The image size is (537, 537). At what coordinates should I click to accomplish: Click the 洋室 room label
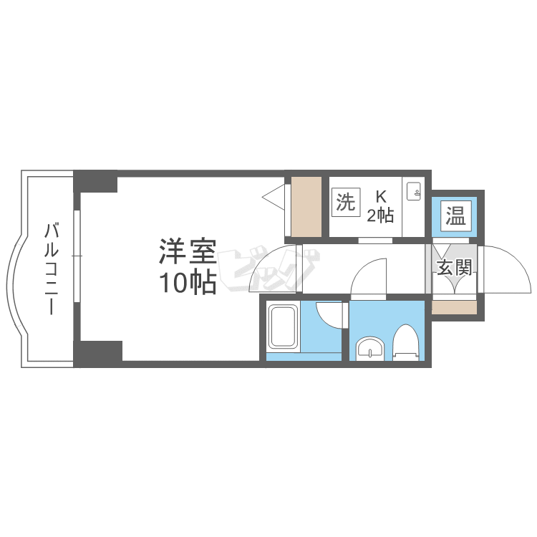tap(188, 253)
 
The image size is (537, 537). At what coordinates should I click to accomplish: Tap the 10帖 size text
tap(188, 283)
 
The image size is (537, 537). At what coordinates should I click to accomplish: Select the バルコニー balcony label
tap(52, 268)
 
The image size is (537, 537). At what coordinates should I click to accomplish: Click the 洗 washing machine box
tap(346, 202)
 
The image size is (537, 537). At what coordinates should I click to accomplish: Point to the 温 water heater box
tap(456, 216)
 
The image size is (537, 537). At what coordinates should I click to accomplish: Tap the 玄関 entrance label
tap(455, 267)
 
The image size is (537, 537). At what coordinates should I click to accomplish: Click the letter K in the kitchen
tap(381, 197)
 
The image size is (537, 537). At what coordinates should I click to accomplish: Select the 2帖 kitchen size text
tap(380, 216)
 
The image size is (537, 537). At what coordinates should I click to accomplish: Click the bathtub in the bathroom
tap(283, 326)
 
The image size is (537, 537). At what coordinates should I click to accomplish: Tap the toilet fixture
tap(406, 342)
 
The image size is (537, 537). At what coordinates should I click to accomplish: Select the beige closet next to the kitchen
tap(306, 206)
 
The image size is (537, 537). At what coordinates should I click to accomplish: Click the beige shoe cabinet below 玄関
tap(454, 307)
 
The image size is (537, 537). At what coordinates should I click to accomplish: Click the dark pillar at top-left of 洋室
tap(95, 182)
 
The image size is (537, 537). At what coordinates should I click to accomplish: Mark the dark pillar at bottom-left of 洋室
tap(98, 354)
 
